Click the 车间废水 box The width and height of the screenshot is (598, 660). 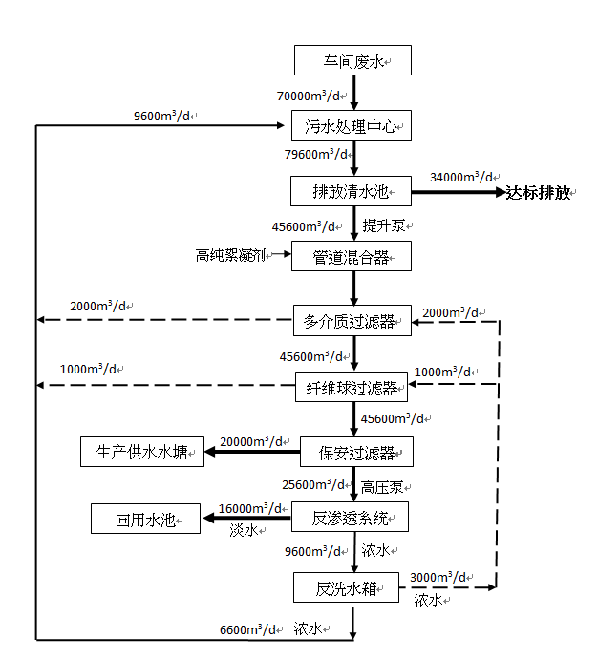click(x=352, y=61)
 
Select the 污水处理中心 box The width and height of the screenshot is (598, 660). click(x=351, y=125)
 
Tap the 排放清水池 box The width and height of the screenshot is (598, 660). click(x=351, y=191)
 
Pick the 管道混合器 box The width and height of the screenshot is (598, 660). click(x=351, y=256)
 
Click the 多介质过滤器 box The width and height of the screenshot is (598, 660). click(x=351, y=321)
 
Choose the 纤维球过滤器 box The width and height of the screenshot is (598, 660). click(x=351, y=386)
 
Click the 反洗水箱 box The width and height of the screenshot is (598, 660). click(x=345, y=587)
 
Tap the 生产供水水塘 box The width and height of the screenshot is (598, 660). click(x=141, y=453)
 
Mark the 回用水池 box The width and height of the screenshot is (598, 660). click(x=145, y=520)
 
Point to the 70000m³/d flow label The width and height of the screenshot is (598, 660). click(x=308, y=96)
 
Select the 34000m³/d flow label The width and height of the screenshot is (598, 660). click(x=461, y=177)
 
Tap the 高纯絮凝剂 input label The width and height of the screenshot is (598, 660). click(x=229, y=255)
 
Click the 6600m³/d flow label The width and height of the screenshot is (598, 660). click(x=246, y=629)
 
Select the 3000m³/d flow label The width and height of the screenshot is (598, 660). click(x=437, y=578)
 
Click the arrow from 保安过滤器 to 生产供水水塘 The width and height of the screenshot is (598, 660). click(x=251, y=453)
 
